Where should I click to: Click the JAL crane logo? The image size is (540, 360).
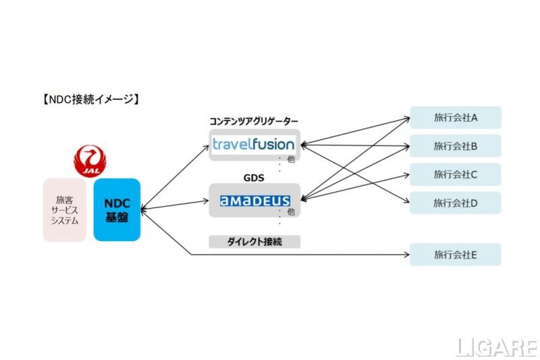pos(90,160)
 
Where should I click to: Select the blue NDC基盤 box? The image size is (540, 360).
pos(117,210)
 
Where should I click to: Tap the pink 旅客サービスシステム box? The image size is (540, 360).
pos(65,210)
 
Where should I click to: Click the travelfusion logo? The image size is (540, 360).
pos(253,144)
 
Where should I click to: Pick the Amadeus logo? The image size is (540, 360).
pos(255,201)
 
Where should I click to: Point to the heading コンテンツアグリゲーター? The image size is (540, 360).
pos(254,121)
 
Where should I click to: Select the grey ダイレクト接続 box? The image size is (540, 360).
pos(254,241)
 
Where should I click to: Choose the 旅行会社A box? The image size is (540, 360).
pos(456,118)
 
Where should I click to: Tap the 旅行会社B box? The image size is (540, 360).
pos(456,146)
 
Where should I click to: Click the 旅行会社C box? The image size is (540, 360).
pos(456,174)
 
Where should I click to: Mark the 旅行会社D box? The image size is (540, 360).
pos(456,203)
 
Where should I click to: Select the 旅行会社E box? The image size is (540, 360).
pos(456,255)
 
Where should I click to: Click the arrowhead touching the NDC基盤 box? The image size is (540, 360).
pos(144,209)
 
